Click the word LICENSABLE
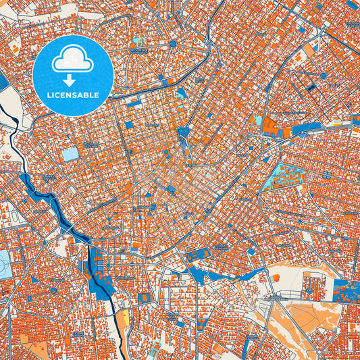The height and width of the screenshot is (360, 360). pos(72,95)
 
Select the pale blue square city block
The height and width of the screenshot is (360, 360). pos(70,154)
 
